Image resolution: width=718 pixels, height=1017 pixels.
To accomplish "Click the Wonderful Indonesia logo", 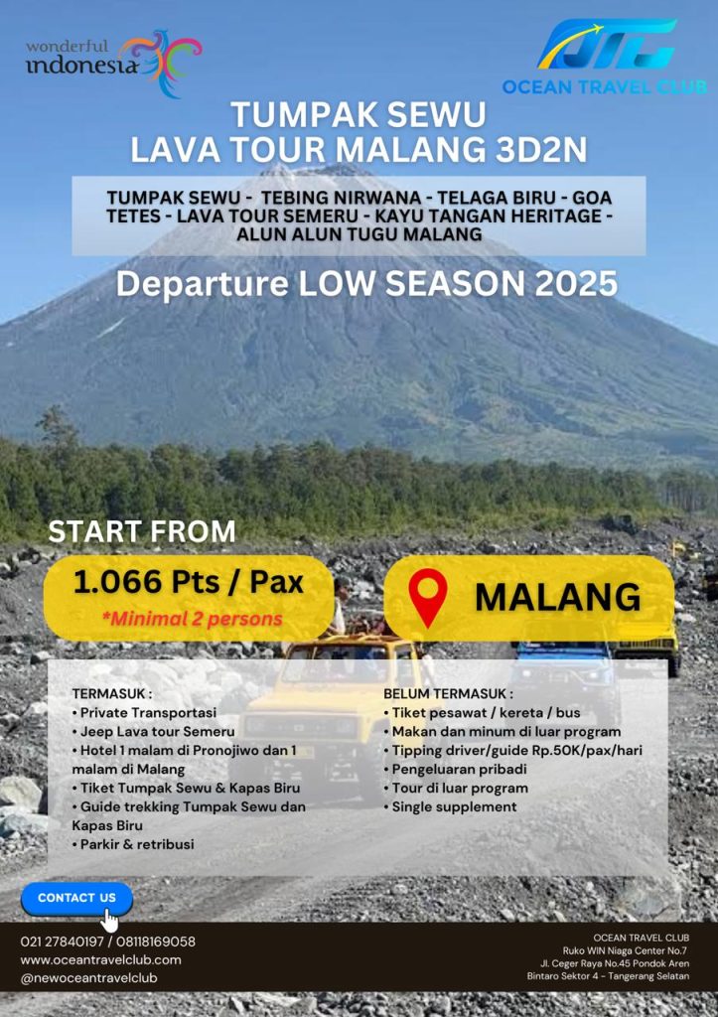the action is tap(113, 63).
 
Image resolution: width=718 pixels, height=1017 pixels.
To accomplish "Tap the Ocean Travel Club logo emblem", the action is tap(607, 44).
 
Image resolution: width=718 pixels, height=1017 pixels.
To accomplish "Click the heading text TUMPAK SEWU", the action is tap(359, 115).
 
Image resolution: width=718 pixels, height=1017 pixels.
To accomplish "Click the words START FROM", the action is tap(142, 532).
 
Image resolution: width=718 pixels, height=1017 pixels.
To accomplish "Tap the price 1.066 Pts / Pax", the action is tap(188, 582).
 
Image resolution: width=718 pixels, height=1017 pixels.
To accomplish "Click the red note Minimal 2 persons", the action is tap(192, 619).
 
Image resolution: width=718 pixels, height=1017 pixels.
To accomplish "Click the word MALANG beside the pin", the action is tap(558, 597).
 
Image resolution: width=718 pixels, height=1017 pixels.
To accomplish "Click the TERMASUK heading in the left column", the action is tap(112, 694).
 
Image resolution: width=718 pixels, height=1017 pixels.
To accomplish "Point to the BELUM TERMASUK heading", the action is tap(448, 694).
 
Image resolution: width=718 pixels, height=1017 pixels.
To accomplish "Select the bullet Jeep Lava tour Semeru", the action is tap(154, 732).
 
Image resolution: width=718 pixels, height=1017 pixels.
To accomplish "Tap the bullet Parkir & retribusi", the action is tap(133, 844).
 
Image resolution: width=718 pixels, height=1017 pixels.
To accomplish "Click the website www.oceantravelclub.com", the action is tap(100, 960).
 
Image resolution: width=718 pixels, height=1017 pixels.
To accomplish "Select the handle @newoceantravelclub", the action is tap(88, 978).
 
